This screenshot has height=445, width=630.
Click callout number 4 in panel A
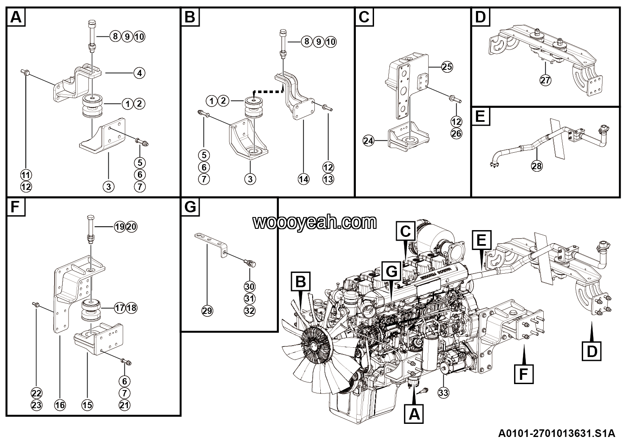(139, 73)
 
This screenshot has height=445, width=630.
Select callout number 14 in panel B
(303, 179)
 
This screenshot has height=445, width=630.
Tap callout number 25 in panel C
(447, 66)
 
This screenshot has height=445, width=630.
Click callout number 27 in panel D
(546, 80)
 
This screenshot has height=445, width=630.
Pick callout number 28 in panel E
(536, 166)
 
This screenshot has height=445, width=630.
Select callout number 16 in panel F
(60, 405)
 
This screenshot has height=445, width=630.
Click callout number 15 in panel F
(87, 405)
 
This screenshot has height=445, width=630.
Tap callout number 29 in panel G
(207, 311)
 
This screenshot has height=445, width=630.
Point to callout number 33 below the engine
(443, 393)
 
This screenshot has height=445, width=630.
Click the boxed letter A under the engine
(414, 413)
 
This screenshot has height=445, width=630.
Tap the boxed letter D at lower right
(592, 351)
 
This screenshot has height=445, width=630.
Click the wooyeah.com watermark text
(315, 222)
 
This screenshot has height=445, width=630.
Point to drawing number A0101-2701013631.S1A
(556, 434)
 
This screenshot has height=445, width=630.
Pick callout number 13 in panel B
(328, 179)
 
